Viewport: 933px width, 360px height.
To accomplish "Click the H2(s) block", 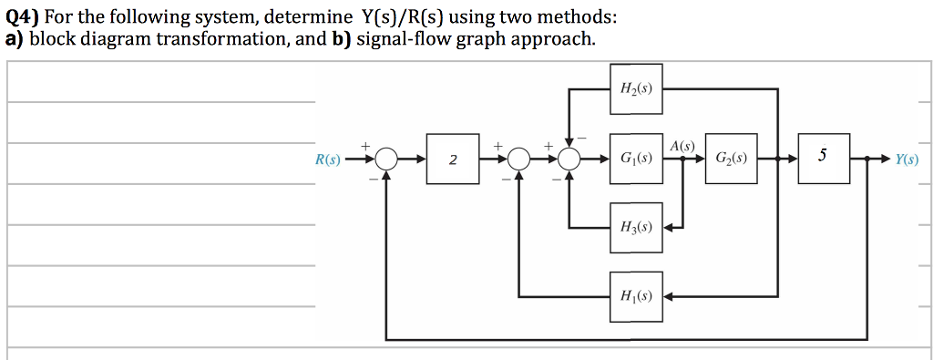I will click(x=635, y=88).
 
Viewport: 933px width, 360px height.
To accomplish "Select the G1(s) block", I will click(x=635, y=159).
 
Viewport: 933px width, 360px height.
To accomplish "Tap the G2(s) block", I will click(x=731, y=159).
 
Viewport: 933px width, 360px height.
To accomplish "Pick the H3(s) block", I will click(x=635, y=226).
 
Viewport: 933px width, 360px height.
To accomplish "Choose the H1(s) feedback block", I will click(x=635, y=296).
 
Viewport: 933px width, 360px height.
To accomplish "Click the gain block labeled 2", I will click(x=453, y=159).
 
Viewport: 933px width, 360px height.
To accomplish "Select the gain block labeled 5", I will click(x=823, y=158).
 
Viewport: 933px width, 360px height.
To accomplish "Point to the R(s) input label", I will click(x=327, y=159).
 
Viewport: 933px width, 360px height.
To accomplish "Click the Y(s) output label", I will click(x=906, y=159).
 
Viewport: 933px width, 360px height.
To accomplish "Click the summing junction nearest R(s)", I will click(x=386, y=159).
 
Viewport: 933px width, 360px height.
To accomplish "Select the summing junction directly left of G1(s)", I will click(x=570, y=159).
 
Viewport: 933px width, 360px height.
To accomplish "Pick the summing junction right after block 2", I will click(x=519, y=159).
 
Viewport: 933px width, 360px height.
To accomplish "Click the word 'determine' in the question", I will click(x=307, y=16).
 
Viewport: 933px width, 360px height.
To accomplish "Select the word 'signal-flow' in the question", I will click(x=402, y=38).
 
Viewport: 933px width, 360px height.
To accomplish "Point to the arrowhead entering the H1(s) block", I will click(x=670, y=296).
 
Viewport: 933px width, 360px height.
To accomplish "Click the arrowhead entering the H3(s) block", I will click(x=670, y=227).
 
